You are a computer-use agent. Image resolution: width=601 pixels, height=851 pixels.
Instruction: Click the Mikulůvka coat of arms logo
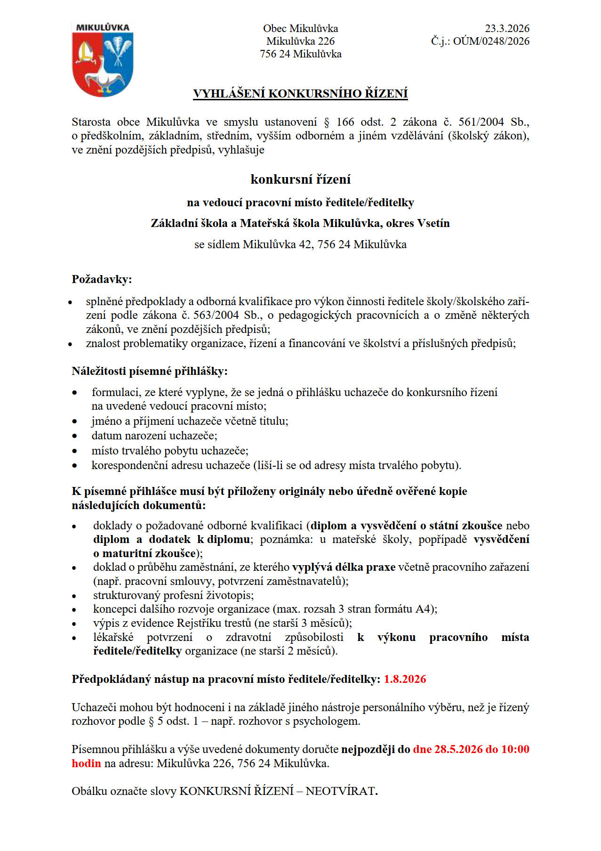pos(103,59)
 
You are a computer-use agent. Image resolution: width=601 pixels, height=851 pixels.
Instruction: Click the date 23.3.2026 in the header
pos(507,28)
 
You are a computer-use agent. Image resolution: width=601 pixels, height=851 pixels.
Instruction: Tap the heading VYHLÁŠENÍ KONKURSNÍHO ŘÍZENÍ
pos(300,94)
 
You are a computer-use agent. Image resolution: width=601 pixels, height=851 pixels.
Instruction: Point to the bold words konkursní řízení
pos(300,179)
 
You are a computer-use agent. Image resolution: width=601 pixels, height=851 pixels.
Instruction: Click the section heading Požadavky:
pos(102,279)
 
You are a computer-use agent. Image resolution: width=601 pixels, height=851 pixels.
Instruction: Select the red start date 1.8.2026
pos(405,679)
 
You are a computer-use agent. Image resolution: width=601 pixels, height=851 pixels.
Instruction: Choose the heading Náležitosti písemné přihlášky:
pos(149,371)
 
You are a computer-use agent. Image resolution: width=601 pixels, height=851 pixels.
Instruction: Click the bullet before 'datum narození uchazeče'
pos(74,436)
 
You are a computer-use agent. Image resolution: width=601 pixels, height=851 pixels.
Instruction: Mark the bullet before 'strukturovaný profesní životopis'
pos(74,596)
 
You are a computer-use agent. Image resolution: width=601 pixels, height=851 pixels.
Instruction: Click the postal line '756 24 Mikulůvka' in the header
pos(300,54)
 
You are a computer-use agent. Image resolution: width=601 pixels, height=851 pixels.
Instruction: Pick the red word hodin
pos(86,763)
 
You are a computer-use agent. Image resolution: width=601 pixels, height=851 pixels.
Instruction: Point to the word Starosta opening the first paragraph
pos(91,122)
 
